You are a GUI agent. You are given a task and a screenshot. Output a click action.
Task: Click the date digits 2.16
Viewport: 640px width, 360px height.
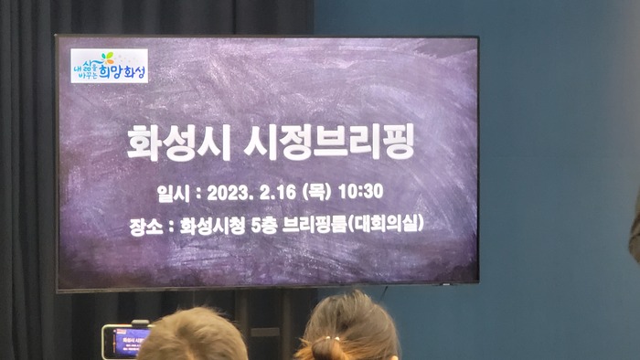pyautogui.click(x=277, y=193)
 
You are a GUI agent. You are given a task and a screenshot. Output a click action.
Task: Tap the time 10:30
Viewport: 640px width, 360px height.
pyautogui.click(x=361, y=193)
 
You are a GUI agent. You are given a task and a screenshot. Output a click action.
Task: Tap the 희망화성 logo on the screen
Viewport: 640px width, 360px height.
pyautogui.click(x=110, y=67)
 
